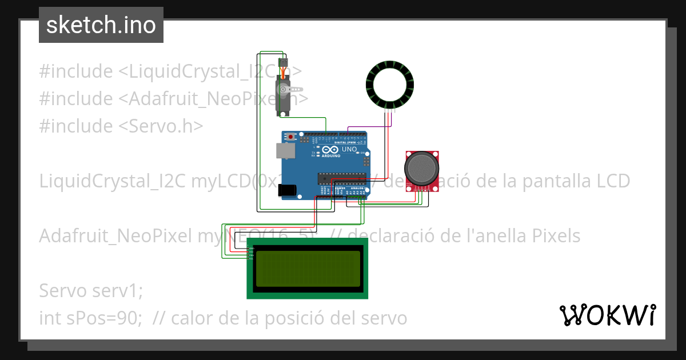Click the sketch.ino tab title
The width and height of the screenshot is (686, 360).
pos(101,25)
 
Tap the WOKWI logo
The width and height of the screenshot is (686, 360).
pos(607,315)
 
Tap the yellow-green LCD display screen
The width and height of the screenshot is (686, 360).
pos(308,268)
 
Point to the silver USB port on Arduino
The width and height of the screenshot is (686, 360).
pos(284,150)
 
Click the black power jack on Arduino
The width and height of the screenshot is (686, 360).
pos(287,190)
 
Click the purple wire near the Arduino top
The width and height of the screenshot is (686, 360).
pos(366,127)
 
